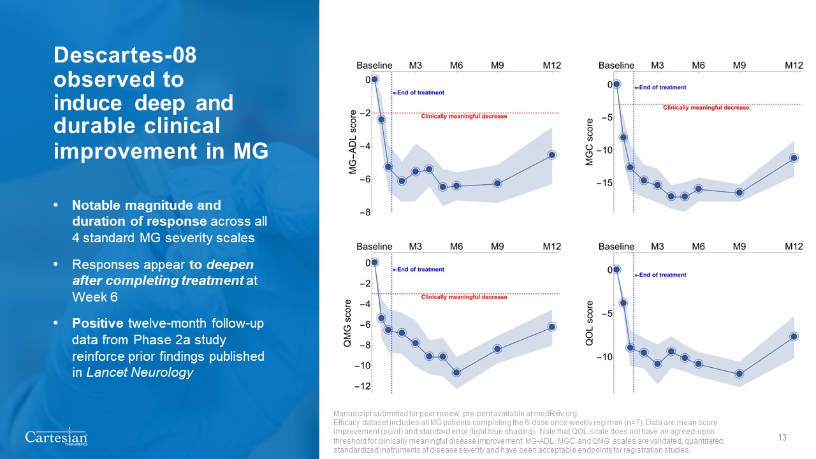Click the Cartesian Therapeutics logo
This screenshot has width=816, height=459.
click(56, 438)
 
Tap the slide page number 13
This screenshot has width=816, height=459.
click(782, 437)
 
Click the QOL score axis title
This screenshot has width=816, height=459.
click(590, 323)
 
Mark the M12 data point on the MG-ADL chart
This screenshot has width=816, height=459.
click(552, 155)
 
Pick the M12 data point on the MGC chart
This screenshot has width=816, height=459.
click(794, 157)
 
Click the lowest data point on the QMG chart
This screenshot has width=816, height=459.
click(456, 372)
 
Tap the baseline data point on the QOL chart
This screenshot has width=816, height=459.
click(616, 269)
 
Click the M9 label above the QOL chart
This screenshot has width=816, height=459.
click(739, 246)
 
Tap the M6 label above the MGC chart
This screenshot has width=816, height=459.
click(698, 65)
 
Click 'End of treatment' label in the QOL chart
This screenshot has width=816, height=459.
click(661, 275)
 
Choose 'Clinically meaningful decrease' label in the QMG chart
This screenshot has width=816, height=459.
click(464, 297)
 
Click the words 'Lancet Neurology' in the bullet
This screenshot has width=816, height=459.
click(133, 373)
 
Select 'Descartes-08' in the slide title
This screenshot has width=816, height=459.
click(125, 56)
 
